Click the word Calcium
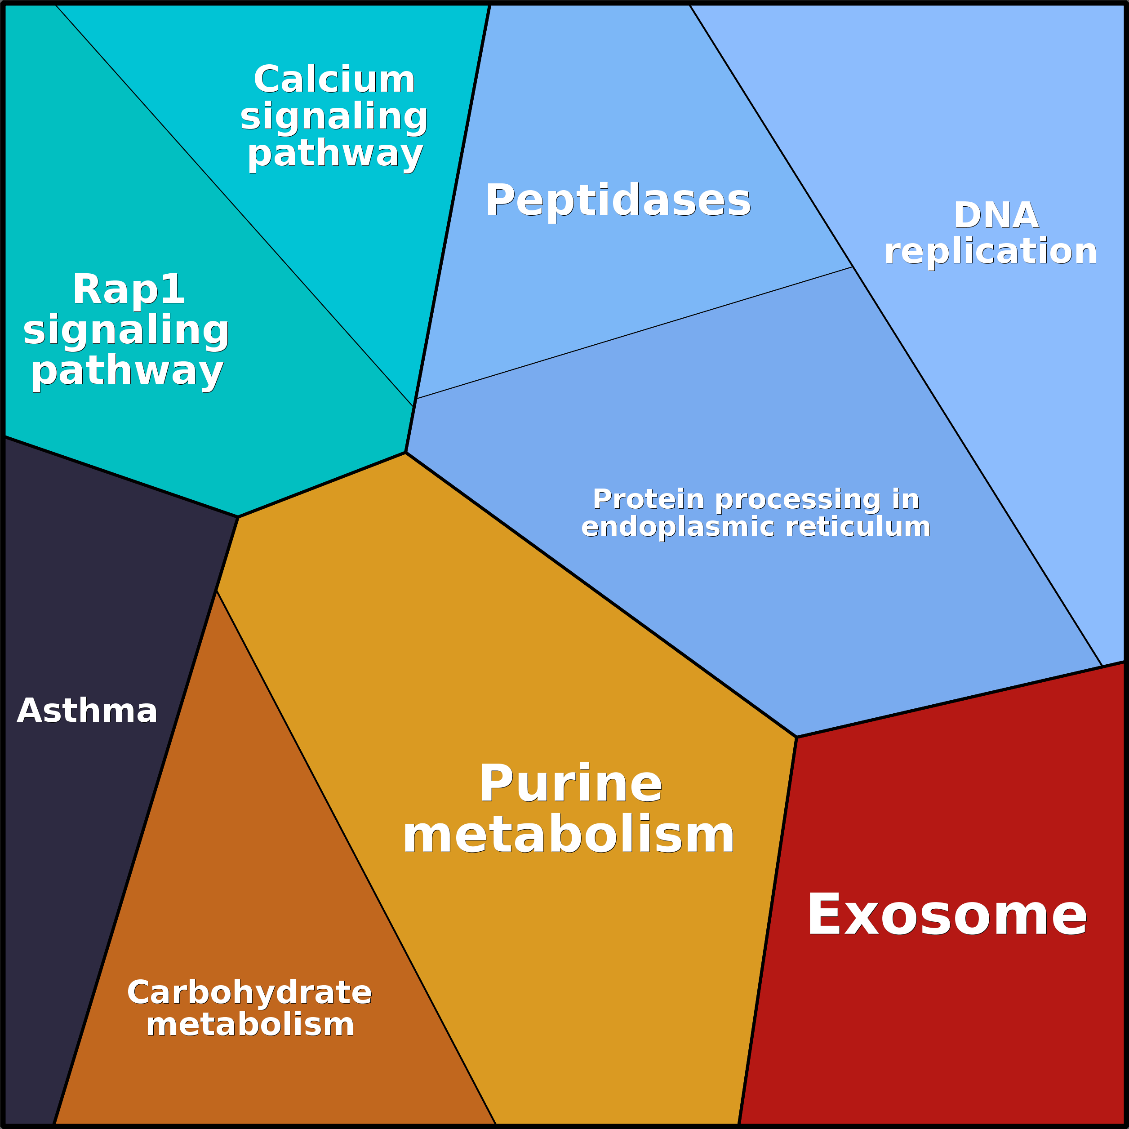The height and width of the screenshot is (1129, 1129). pyautogui.click(x=334, y=80)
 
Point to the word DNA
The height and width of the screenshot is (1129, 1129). pyautogui.click(x=996, y=216)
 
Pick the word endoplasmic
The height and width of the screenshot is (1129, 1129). pyautogui.click(x=679, y=527)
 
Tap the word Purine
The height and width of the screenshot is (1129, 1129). pyautogui.click(x=570, y=784)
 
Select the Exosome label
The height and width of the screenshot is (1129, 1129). pyautogui.click(x=947, y=915)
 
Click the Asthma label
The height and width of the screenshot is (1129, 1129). pyautogui.click(x=87, y=711)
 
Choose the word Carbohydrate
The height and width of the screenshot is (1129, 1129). pyautogui.click(x=249, y=993)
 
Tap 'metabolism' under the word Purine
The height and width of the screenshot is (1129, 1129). pyautogui.click(x=568, y=836)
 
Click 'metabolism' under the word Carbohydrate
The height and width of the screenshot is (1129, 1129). pyautogui.click(x=250, y=1025)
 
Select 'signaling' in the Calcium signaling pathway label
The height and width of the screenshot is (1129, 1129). pyautogui.click(x=334, y=117)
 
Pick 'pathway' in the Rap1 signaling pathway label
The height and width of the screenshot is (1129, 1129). pyautogui.click(x=127, y=372)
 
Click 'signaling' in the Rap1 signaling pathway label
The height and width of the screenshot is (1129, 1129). pyautogui.click(x=126, y=331)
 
